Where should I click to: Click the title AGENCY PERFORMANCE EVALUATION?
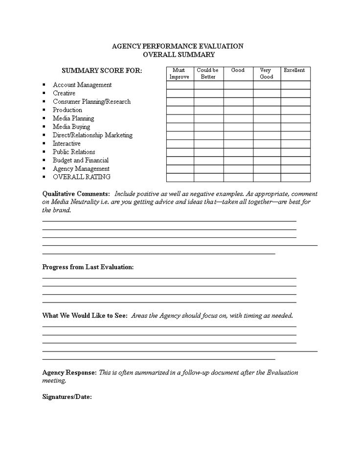178,46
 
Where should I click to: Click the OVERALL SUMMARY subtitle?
178,54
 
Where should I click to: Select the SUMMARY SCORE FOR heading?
102,70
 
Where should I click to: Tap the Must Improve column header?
179,73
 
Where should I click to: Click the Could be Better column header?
208,73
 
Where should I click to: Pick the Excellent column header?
294,70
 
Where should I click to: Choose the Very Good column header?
267,73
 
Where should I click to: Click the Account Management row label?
82,85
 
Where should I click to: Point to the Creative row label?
64,93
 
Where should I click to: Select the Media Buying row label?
71,127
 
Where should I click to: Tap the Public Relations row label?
74,152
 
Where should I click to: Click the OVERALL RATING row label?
82,177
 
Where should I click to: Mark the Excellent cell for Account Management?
295,85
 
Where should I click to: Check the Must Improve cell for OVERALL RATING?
180,177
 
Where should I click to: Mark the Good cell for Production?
238,110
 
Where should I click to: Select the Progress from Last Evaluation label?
88,267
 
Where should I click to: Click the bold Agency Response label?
69,373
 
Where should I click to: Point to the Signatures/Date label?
67,396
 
